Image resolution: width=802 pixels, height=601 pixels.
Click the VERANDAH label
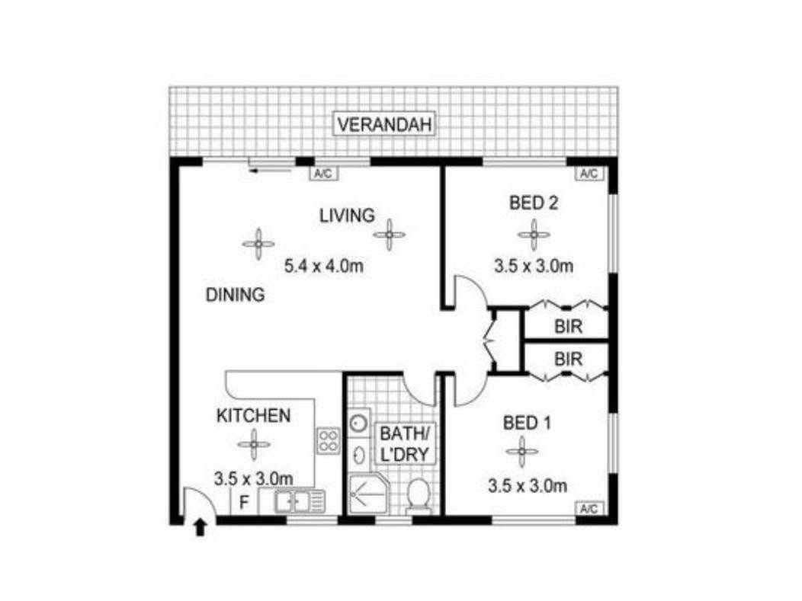[x=384, y=124]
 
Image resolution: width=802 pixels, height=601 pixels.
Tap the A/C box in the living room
[x=323, y=174]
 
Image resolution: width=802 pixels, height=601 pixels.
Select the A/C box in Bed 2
[x=589, y=174]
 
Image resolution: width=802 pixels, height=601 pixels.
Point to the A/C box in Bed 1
[x=589, y=509]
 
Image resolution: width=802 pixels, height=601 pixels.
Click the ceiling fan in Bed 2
[x=534, y=235]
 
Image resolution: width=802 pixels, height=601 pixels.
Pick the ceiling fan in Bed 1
[x=521, y=452]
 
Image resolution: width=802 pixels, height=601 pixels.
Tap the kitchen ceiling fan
[x=254, y=445]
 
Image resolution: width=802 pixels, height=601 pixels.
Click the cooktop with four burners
[x=329, y=440]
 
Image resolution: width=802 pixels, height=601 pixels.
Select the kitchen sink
[x=299, y=501]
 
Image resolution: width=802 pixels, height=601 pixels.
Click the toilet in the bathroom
[x=419, y=494]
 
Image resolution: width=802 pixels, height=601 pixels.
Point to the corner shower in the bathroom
[x=367, y=494]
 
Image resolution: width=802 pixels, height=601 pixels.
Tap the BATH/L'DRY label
[x=404, y=443]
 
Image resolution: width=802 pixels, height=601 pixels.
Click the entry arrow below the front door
[x=200, y=527]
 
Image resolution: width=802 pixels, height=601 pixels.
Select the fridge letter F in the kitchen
[x=244, y=503]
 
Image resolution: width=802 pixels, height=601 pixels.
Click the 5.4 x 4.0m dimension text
[x=324, y=266]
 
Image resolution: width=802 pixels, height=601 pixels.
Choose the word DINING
[x=236, y=295]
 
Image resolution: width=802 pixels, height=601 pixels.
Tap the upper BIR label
[x=568, y=327]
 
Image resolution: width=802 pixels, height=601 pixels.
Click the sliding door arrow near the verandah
[x=270, y=171]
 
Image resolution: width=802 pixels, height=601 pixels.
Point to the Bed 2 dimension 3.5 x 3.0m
[x=534, y=266]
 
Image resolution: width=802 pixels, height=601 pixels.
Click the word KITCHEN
[x=254, y=415]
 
